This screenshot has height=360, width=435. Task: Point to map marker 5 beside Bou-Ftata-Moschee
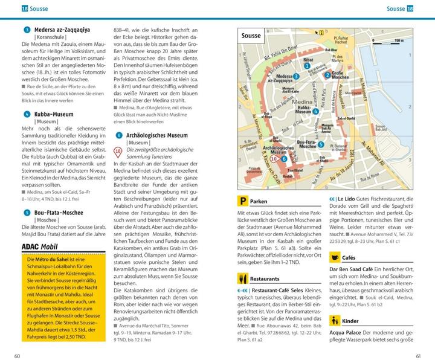pyautogui.click(x=321, y=145)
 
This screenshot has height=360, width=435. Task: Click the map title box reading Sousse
pyautogui.click(x=251, y=36)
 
